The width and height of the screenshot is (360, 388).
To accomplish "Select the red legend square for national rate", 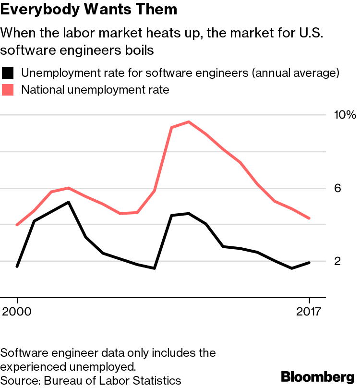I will (8, 89).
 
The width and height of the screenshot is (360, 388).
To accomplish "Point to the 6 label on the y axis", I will (337, 188).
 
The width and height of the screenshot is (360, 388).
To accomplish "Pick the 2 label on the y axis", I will (337, 261).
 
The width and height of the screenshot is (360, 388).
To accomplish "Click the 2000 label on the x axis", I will (17, 312).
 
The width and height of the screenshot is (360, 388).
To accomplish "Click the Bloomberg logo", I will (318, 376).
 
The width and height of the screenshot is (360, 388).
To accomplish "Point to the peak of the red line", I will (189, 122).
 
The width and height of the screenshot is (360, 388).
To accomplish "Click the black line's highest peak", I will (69, 202).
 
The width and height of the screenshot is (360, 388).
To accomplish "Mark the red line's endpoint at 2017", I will (310, 218).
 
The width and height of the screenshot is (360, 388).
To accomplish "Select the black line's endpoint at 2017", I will (310, 263).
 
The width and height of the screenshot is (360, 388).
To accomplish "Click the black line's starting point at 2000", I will (17, 266).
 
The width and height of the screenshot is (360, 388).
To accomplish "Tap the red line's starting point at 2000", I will (17, 225).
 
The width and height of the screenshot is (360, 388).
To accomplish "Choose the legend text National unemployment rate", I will (96, 89).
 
